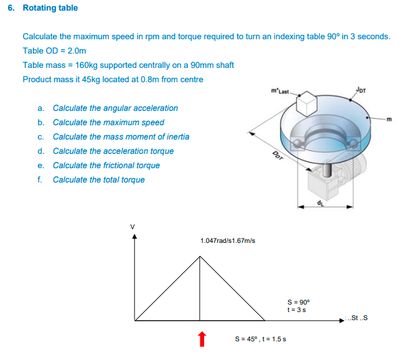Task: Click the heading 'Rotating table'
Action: pyautogui.click(x=50, y=8)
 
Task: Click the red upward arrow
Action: pyautogui.click(x=200, y=338)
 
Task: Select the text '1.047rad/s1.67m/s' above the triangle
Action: pyautogui.click(x=227, y=240)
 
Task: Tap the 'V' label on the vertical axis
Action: pyautogui.click(x=131, y=225)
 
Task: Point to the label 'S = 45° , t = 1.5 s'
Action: pyautogui.click(x=260, y=339)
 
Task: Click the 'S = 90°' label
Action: pyautogui.click(x=296, y=302)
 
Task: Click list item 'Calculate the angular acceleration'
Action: pyautogui.click(x=115, y=108)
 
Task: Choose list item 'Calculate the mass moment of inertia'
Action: pyautogui.click(x=121, y=137)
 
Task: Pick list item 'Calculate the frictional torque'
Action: pyautogui.click(x=106, y=166)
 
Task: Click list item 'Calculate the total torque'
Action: pyautogui.click(x=99, y=180)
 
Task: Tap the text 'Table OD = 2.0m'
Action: pyautogui.click(x=54, y=50)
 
